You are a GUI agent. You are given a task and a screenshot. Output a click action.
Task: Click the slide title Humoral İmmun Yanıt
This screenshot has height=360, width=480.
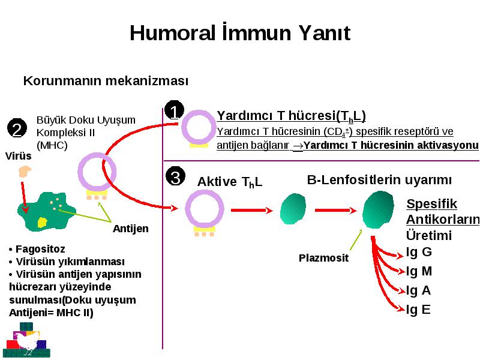click(239, 32)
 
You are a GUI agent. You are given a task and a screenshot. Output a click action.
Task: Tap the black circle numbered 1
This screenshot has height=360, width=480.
click(174, 110)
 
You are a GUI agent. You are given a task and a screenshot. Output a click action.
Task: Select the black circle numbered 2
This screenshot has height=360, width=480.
click(17, 128)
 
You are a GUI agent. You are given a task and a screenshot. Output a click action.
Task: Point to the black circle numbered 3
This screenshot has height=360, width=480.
click(175, 176)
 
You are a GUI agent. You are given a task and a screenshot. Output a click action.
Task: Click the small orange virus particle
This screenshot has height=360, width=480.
click(25, 172)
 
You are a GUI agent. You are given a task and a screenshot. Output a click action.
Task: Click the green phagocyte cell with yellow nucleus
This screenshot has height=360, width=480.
click(47, 212)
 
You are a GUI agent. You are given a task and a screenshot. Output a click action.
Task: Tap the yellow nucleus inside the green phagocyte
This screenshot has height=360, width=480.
click(42, 223)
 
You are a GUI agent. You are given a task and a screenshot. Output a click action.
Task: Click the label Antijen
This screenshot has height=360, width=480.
click(131, 229)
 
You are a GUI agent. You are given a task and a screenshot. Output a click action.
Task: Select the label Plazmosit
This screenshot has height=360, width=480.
click(323, 258)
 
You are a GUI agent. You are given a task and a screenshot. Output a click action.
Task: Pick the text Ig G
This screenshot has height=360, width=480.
click(419, 252)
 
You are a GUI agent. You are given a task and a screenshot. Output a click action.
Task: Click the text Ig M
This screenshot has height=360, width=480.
click(419, 271)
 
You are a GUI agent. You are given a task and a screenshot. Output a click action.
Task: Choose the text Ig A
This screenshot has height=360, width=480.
click(418, 290)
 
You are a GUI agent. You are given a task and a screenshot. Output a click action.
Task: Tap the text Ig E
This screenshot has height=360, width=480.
click(418, 310)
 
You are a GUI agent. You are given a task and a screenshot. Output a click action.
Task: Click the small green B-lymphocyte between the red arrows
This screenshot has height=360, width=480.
click(293, 209)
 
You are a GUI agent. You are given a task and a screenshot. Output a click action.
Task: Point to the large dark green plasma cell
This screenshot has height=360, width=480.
click(378, 209)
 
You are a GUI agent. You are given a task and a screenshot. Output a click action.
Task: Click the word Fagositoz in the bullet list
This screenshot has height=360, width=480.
click(40, 249)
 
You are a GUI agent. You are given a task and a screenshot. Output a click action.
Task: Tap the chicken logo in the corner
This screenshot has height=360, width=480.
click(26, 340)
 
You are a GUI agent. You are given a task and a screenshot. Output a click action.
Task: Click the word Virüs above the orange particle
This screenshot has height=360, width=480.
click(19, 156)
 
